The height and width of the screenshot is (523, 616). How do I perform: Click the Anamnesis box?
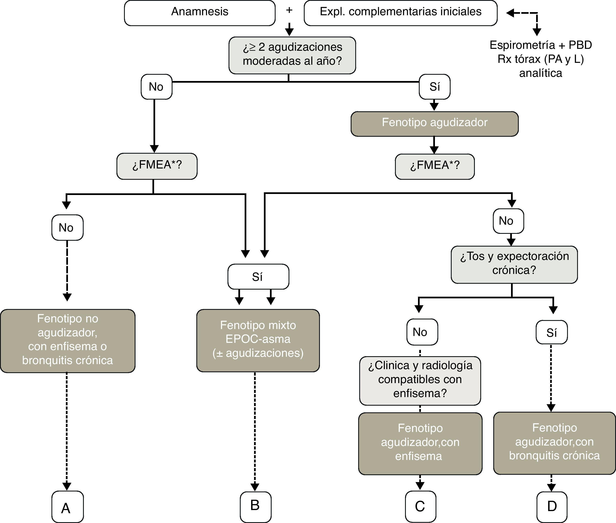pyautogui.click(x=199, y=13)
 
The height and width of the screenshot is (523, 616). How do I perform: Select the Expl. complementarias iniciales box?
pyautogui.click(x=400, y=13)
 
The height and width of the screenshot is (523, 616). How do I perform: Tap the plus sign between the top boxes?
pyautogui.click(x=289, y=10)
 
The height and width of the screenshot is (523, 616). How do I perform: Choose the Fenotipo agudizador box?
pyautogui.click(x=434, y=124)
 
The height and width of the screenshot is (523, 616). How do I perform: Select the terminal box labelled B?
pyautogui.click(x=255, y=506)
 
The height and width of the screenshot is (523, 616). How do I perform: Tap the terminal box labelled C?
pyautogui.click(x=420, y=506)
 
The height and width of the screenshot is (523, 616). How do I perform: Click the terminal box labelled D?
pyautogui.click(x=552, y=506)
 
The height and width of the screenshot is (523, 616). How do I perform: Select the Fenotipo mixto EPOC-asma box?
pyautogui.click(x=258, y=340)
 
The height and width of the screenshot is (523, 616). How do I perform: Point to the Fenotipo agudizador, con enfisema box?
pyautogui.click(x=420, y=443)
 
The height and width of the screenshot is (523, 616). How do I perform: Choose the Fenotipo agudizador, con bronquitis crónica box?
pyautogui.click(x=554, y=443)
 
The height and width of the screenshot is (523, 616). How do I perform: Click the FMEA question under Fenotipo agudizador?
pyautogui.click(x=435, y=166)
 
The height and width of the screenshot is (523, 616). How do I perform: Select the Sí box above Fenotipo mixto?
pyautogui.click(x=258, y=277)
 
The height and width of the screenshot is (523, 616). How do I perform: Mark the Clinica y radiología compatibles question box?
pyautogui.click(x=420, y=380)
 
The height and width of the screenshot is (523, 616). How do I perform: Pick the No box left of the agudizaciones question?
pyautogui.click(x=156, y=87)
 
